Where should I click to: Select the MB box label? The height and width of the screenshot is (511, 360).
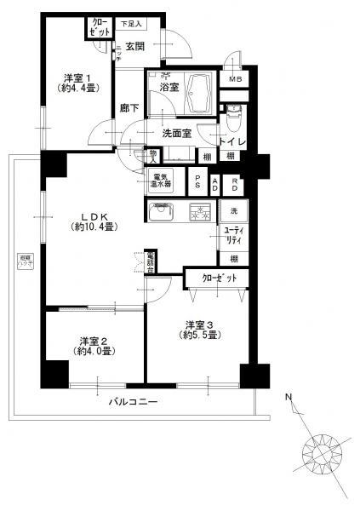[233, 80]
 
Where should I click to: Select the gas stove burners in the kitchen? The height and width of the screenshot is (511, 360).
[199, 211]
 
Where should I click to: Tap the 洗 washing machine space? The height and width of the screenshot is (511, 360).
[232, 210]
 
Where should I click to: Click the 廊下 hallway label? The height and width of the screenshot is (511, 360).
[130, 109]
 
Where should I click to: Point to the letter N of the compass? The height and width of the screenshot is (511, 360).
[288, 397]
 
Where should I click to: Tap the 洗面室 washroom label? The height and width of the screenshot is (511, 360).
[179, 133]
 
